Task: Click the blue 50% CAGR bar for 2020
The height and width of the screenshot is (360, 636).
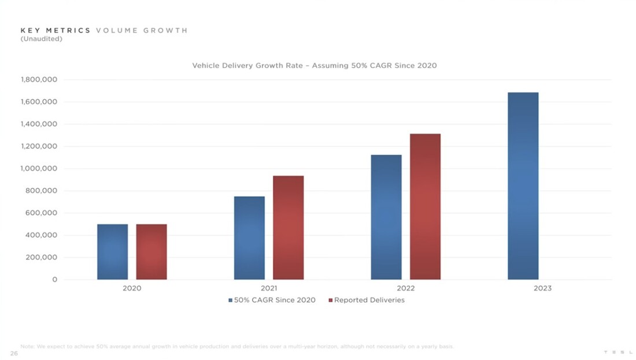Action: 112,251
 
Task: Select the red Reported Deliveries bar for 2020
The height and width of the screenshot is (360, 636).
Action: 151,251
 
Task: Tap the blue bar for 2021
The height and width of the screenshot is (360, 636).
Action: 249,237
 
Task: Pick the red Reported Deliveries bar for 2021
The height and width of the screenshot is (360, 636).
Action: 289,228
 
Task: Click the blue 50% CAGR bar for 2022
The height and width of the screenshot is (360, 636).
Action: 386,217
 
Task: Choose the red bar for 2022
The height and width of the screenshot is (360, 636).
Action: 425,206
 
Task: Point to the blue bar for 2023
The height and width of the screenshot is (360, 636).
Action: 523,185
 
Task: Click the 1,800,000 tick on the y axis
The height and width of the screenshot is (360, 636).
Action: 39,80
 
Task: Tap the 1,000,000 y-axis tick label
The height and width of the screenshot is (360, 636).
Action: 39,169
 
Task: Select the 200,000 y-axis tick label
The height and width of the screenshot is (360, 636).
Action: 41,258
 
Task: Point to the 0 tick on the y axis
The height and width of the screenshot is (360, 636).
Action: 55,280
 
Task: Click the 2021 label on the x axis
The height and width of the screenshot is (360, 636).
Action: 268,288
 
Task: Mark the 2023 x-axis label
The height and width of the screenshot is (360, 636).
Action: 542,288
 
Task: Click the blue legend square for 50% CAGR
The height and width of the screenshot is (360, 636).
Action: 230,300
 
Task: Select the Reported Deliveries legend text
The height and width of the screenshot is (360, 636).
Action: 369,300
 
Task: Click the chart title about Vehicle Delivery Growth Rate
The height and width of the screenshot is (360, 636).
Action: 315,66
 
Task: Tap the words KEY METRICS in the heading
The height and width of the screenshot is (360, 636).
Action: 56,31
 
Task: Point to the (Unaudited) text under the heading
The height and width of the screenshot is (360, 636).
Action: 41,39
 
